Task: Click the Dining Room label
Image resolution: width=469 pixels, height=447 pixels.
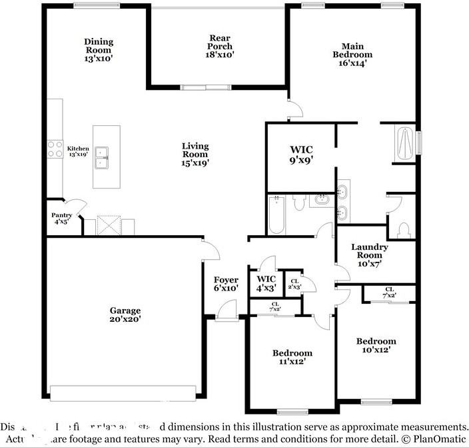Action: tap(99, 50)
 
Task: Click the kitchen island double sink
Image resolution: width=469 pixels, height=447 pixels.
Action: tap(103, 157)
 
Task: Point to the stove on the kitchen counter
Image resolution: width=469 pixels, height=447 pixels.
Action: tap(53, 149)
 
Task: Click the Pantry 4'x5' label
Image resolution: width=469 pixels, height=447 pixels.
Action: tap(62, 219)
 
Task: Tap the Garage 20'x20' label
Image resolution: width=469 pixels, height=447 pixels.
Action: tap(125, 314)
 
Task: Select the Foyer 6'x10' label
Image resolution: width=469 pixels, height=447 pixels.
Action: tap(226, 284)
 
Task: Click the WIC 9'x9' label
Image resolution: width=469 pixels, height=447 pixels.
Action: tap(300, 155)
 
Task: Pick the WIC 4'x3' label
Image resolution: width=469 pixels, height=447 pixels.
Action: tap(266, 283)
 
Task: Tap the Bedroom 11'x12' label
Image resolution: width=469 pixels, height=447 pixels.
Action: tap(292, 357)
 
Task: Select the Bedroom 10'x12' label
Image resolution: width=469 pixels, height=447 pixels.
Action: tap(376, 345)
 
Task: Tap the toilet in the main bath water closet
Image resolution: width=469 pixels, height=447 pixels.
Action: tap(402, 229)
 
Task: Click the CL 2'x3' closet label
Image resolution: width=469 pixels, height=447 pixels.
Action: tap(294, 284)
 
